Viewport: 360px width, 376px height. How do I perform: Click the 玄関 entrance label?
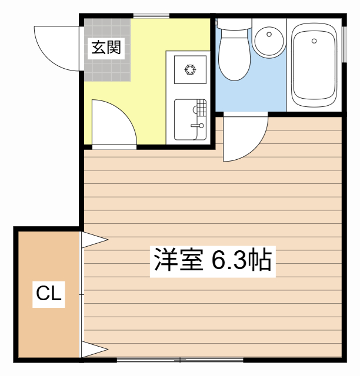[106, 48]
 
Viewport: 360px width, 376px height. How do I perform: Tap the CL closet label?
[49, 293]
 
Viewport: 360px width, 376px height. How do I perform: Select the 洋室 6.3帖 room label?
[212, 259]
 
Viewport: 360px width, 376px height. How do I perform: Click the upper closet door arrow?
[94, 240]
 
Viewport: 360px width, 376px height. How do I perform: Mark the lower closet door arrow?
[94, 351]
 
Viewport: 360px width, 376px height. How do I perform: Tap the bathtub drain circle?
[314, 41]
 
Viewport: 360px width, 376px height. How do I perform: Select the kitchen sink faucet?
[198, 125]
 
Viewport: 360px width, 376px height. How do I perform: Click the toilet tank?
[234, 24]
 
